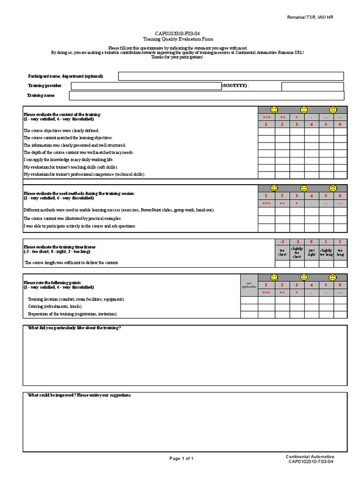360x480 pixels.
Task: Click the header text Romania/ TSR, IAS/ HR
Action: pos(310,17)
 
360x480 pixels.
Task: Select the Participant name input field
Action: pos(231,76)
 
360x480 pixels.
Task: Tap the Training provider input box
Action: pos(146,86)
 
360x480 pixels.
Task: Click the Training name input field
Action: pos(206,96)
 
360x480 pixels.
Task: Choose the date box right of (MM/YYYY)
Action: pos(312,86)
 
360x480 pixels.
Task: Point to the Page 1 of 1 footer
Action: pos(181,458)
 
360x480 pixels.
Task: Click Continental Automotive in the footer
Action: pos(310,457)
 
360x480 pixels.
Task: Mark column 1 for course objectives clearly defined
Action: pos(266,131)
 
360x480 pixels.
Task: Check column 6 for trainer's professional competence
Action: pos(340,175)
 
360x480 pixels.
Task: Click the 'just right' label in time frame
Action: pos(311,252)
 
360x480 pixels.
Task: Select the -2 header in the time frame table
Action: pos(281,241)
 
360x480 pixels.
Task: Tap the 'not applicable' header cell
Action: pos(249,285)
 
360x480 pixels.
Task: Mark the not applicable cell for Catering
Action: pos(249,307)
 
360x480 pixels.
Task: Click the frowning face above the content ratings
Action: pos(333,110)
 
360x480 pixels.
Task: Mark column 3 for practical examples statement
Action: pos(297,219)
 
